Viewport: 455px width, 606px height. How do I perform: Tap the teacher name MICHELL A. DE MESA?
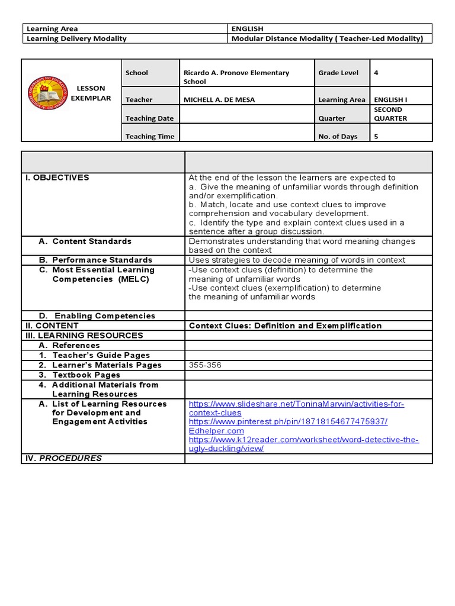(219, 100)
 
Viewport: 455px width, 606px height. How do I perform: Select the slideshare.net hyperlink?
(296, 408)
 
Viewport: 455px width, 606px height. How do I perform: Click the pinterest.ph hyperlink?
(288, 422)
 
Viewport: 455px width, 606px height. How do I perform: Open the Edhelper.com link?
(216, 431)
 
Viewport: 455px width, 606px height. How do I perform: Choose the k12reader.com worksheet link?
(303, 444)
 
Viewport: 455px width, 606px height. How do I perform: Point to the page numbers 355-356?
(205, 365)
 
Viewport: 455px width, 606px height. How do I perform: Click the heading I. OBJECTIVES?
(57, 178)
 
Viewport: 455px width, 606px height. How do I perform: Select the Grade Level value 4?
(376, 73)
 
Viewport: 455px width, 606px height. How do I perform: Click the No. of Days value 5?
(376, 136)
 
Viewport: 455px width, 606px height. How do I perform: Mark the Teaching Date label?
(149, 118)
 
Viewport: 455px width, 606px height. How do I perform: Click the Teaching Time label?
(150, 137)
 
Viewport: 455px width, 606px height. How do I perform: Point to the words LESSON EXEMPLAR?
(91, 93)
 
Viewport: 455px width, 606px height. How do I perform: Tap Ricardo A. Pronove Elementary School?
(236, 77)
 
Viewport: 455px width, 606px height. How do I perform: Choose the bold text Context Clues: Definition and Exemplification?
(285, 325)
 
